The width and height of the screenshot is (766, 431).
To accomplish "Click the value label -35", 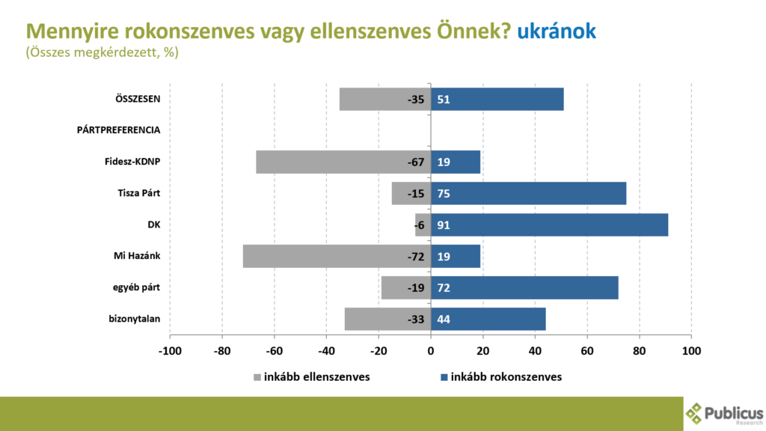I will coord(416,100).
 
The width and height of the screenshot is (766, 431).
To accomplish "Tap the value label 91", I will coord(444,224).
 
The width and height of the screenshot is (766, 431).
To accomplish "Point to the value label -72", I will coord(416,257).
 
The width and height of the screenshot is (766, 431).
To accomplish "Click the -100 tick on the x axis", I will coord(170,350).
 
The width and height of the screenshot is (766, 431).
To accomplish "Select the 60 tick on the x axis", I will coord(587,350).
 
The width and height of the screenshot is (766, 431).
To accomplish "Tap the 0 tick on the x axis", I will coord(431,350).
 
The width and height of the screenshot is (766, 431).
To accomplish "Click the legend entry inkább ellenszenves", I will coord(312,377).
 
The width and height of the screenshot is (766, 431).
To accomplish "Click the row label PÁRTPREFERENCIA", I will coord(119,130).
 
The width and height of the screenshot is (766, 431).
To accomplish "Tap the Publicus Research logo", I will coord(724,414).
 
